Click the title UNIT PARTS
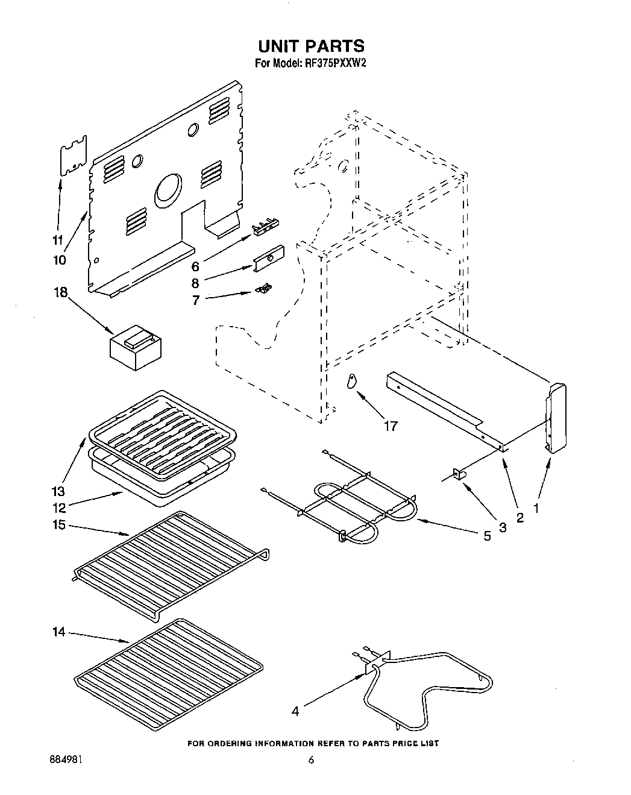[311, 46]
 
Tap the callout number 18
[60, 293]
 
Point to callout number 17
[391, 426]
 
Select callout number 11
[58, 240]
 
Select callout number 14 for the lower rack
[59, 632]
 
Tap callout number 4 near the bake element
[295, 711]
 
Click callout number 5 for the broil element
[487, 535]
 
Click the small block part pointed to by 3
[460, 475]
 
